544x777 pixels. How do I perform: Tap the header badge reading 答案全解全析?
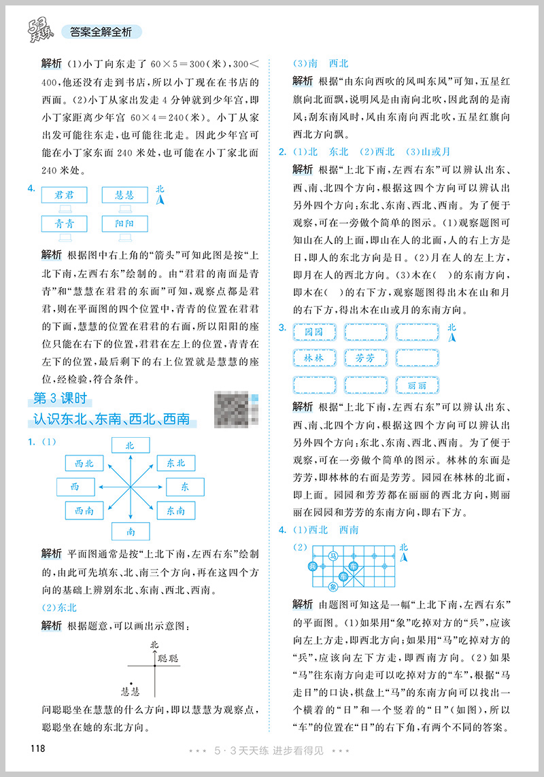pyautogui.click(x=101, y=31)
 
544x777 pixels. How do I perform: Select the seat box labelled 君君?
pyautogui.click(x=64, y=195)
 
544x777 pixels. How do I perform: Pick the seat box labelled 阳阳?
pyautogui.click(x=124, y=223)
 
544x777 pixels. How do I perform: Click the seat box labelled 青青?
pyautogui.click(x=64, y=223)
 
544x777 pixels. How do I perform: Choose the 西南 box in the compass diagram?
pyautogui.click(x=84, y=511)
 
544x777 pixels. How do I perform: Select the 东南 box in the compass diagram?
pyautogui.click(x=175, y=511)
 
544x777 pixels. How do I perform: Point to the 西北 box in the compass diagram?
pyautogui.click(x=84, y=464)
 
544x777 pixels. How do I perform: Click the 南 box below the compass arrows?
pyautogui.click(x=129, y=531)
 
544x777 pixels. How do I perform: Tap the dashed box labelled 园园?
pyautogui.click(x=313, y=332)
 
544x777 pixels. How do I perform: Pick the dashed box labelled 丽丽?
pyautogui.click(x=418, y=384)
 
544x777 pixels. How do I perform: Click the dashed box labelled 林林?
pyautogui.click(x=313, y=358)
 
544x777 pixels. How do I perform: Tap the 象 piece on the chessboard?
pyautogui.click(x=333, y=587)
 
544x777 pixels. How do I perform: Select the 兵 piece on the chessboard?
pyautogui.click(x=313, y=566)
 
